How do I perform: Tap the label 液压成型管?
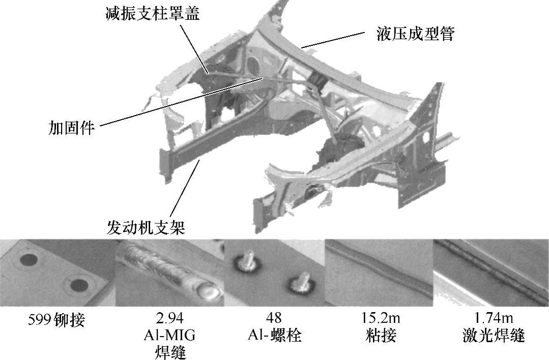pos(416,34)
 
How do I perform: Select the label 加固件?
pos(71,127)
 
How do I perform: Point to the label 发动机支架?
pos(146,228)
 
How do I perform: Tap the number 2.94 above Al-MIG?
pos(169,318)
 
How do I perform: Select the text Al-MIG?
pos(169,335)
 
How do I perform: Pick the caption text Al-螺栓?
pos(275,335)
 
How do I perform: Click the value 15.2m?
pos(381,318)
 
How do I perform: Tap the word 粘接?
pos(381,335)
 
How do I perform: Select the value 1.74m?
pos(494,318)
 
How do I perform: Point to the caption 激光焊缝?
pos(494,335)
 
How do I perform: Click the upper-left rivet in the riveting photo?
pos(28,260)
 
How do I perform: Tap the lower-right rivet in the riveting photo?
pos(78,286)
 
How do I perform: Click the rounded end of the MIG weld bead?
pos(209,292)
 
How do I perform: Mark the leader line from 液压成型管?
pos(333,39)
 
